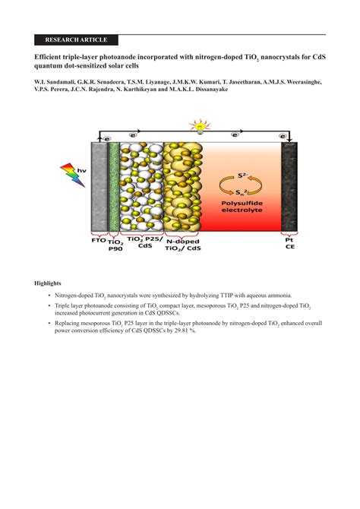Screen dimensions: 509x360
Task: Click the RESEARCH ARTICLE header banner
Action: click(x=76, y=40)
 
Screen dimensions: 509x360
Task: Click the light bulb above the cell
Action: click(x=200, y=126)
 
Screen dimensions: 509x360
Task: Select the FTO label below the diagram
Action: click(x=97, y=240)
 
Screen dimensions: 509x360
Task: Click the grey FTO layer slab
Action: click(x=99, y=186)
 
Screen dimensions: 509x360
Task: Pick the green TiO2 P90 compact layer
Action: click(x=114, y=186)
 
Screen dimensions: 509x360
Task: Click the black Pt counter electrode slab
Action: click(x=289, y=186)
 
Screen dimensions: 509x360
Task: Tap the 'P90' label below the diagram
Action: click(x=115, y=248)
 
